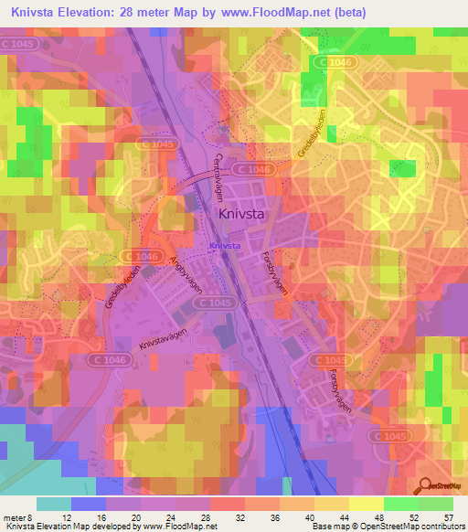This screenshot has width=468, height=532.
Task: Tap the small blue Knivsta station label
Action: pyautogui.click(x=225, y=246)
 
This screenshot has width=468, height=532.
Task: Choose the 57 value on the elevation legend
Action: pyautogui.click(x=449, y=517)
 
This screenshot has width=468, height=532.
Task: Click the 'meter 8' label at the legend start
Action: pyautogui.click(x=18, y=517)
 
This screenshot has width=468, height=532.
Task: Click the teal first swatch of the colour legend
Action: pyautogui.click(x=54, y=504)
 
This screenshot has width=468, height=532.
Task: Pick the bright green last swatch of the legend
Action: pyautogui.click(x=436, y=504)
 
